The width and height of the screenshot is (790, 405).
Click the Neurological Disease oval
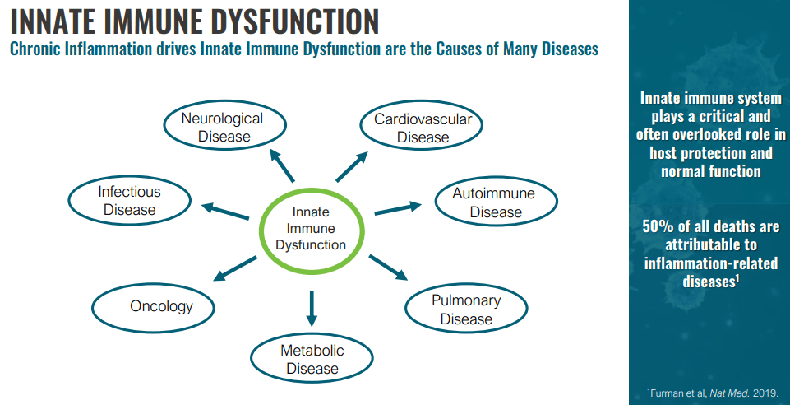tap(222, 127)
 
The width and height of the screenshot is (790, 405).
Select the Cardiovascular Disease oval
tap(423, 128)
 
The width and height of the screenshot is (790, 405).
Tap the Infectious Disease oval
tap(129, 201)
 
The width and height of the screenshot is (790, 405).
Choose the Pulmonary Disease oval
tap(466, 310)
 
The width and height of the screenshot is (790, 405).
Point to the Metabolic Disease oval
tap(312, 359)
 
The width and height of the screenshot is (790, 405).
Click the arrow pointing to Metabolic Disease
tap(312, 308)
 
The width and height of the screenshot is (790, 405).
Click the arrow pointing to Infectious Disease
tap(225, 211)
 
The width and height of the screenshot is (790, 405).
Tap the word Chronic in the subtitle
tap(37, 49)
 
